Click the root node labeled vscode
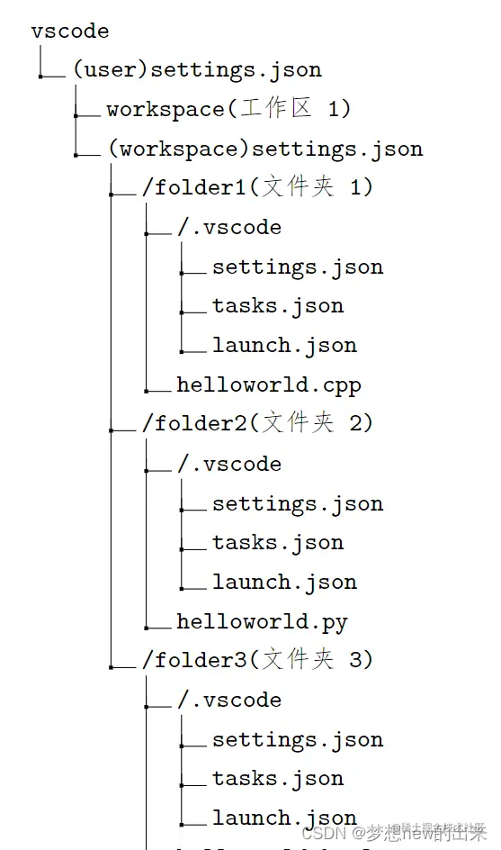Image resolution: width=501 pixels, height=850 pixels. point(69,32)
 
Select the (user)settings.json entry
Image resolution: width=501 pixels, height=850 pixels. point(197,70)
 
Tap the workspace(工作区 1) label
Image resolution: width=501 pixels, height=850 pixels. point(228,109)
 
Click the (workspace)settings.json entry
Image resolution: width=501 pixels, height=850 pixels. point(264,149)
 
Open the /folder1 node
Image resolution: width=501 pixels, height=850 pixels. point(256,187)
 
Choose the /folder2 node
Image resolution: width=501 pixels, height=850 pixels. point(256,423)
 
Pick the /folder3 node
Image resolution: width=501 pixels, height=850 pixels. point(256,660)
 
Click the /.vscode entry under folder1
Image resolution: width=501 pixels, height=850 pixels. point(228,228)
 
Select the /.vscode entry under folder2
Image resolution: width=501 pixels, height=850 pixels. point(228,465)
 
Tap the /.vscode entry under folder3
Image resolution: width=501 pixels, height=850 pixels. point(228,701)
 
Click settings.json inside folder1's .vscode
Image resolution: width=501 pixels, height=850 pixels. point(297,267)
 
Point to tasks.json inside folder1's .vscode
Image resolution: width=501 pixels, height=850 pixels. point(277,306)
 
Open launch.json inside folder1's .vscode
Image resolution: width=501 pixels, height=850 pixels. point(283,346)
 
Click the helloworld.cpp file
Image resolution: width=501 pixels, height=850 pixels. point(268,385)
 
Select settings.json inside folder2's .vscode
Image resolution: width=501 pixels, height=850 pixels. point(297,504)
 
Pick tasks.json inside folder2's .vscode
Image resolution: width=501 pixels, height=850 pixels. point(277,543)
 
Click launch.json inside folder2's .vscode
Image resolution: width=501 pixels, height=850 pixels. point(283,583)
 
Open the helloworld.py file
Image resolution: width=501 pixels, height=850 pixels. point(262,622)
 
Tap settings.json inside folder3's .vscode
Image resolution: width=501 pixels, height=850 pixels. point(297,740)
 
